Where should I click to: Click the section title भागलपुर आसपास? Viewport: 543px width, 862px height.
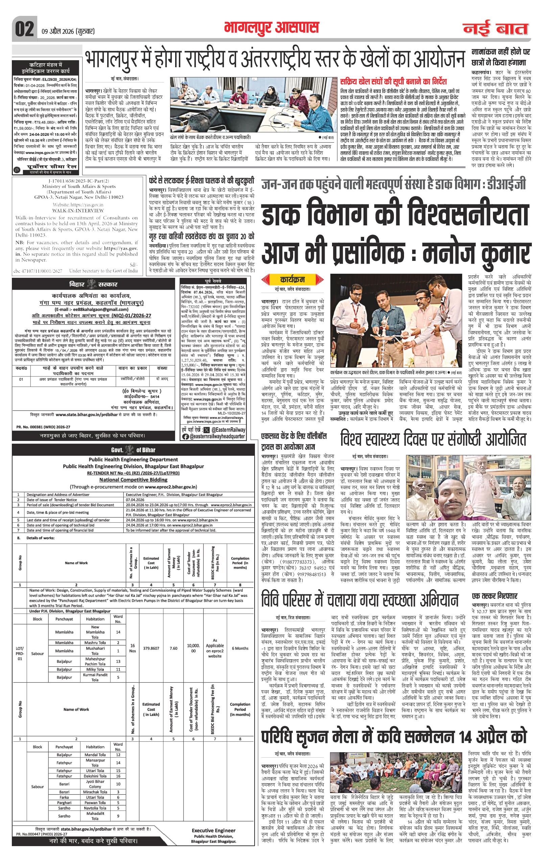click(271, 27)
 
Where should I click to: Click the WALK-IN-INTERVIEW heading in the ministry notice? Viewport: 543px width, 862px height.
click(73, 211)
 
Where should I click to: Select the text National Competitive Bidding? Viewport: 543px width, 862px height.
click(133, 480)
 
